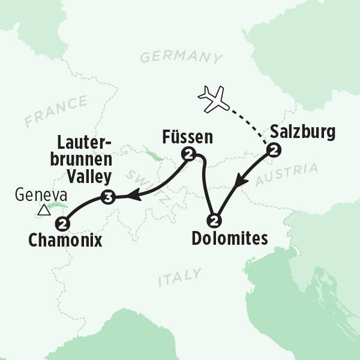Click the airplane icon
[x=214, y=100]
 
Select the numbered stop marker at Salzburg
[x=274, y=151]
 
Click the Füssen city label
[x=187, y=136]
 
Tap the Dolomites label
[x=229, y=238]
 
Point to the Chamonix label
[x=65, y=241]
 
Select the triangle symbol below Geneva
[x=43, y=210]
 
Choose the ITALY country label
[x=179, y=277]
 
